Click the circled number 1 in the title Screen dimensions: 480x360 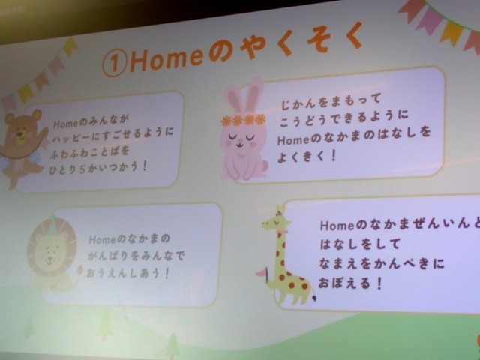point(115,63)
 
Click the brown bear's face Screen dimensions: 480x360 point(22,128)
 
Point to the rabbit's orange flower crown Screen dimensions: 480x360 point(244,120)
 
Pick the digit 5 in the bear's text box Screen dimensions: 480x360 point(82,170)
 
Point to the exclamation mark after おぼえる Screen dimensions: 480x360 point(379,283)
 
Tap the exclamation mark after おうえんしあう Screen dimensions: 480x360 point(166,273)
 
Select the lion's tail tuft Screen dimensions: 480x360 point(80,270)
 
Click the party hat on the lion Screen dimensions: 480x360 point(53,222)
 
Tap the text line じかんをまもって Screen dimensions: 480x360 point(331,102)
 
